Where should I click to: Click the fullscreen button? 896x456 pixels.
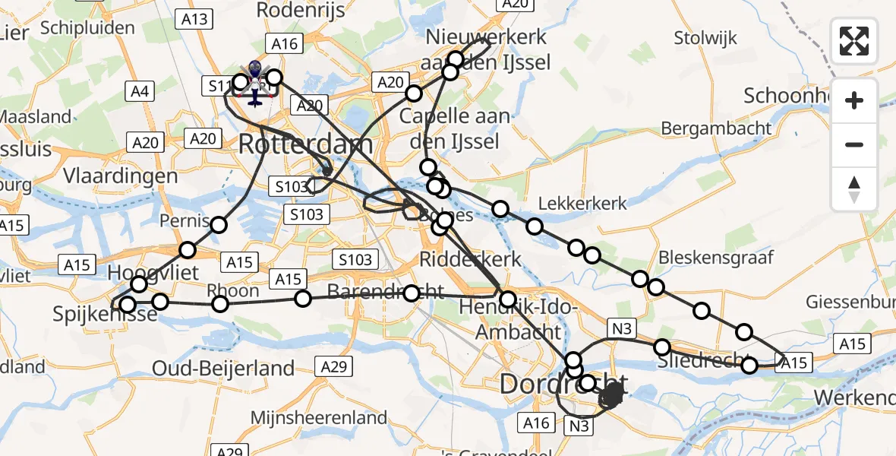854,41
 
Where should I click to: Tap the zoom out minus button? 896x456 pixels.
854,144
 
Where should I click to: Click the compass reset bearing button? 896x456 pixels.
854,189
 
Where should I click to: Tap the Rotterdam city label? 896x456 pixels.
305,144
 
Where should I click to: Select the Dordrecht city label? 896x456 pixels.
563,384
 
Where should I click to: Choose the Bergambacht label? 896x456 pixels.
716,128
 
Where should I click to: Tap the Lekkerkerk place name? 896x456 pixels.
582,203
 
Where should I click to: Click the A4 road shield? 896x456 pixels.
140,92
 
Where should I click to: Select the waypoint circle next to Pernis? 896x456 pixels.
219,225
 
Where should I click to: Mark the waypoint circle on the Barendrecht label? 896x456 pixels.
412,293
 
